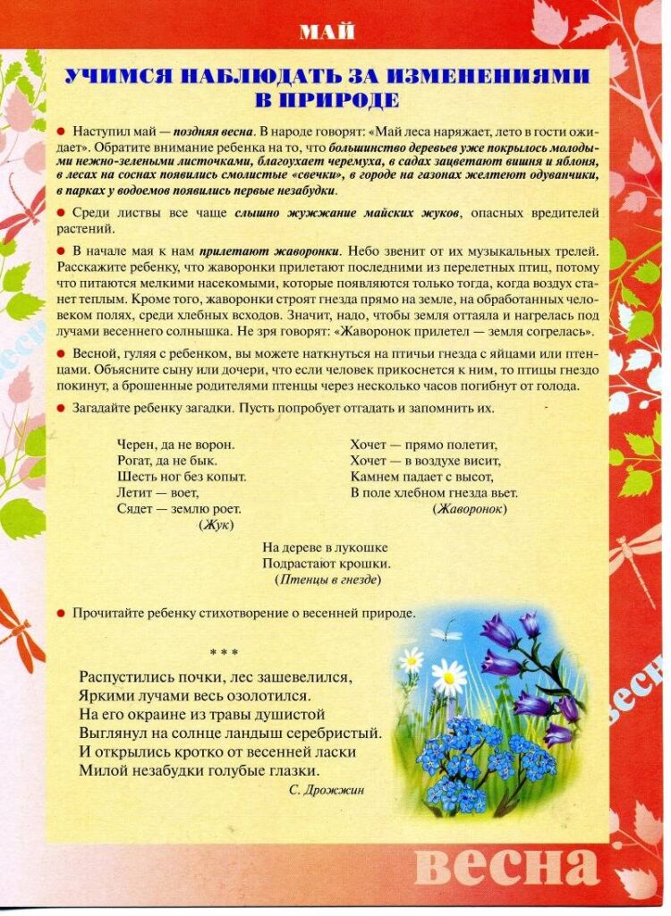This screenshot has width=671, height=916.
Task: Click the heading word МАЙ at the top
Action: pyautogui.click(x=327, y=33)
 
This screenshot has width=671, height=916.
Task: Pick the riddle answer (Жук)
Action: pyautogui.click(x=212, y=525)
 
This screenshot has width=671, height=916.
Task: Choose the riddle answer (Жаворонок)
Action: pyautogui.click(x=469, y=509)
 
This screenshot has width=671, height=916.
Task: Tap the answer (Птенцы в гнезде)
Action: pyautogui.click(x=327, y=580)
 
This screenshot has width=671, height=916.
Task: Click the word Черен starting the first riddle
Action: pyautogui.click(x=134, y=444)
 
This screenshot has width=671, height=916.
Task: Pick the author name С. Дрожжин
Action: pyautogui.click(x=327, y=790)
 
